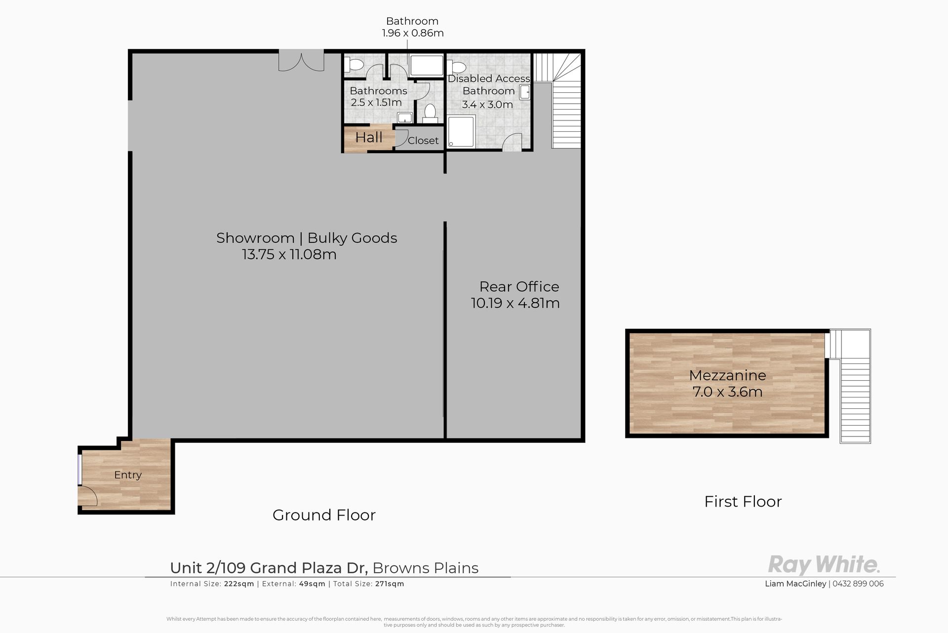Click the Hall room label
click(369, 137)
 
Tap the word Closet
click(423, 141)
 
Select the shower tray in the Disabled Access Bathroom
click(461, 131)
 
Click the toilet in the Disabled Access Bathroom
click(457, 67)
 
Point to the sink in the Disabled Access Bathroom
click(525, 92)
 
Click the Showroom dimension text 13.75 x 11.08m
click(289, 255)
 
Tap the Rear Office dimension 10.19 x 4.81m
click(515, 303)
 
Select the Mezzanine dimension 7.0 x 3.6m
click(728, 392)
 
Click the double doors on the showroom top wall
click(301, 61)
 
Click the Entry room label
click(128, 475)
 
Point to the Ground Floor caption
click(324, 515)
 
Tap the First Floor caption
click(743, 502)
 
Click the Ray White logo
click(824, 565)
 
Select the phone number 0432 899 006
click(858, 584)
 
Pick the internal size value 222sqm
click(239, 584)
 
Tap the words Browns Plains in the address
click(426, 568)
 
